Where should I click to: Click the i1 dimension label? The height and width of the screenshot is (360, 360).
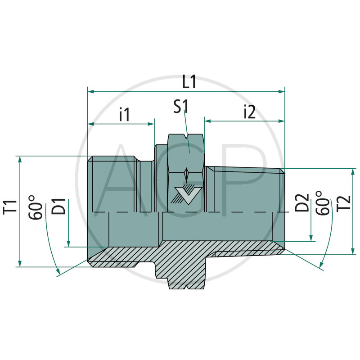pos(124,115)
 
